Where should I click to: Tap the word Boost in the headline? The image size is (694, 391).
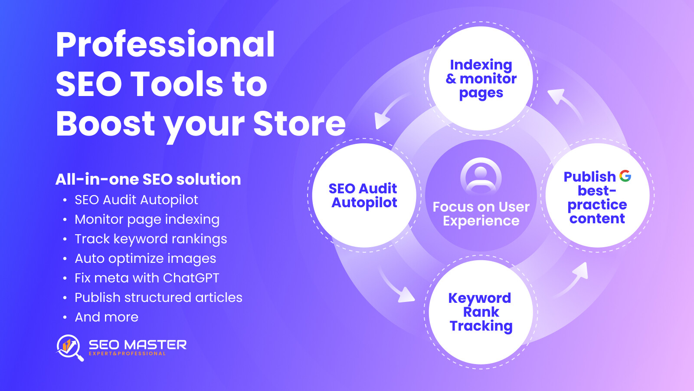(105, 123)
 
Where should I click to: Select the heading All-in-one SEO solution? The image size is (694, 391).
(148, 179)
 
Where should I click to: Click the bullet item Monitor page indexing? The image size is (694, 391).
(147, 220)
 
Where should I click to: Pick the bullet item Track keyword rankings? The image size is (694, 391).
(151, 239)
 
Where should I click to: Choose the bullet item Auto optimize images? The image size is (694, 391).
(145, 259)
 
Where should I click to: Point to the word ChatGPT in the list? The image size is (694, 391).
(191, 278)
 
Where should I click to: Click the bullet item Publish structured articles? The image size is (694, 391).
(158, 298)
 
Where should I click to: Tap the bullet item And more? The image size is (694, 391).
(107, 317)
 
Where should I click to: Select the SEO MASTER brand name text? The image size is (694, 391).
(137, 345)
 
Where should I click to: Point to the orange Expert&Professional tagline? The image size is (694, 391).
(127, 354)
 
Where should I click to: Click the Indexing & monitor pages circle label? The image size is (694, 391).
(481, 79)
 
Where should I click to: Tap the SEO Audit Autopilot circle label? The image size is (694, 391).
(363, 195)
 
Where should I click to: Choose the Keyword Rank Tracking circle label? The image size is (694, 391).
(480, 312)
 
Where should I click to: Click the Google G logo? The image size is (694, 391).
(625, 176)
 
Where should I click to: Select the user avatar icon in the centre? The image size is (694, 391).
(481, 177)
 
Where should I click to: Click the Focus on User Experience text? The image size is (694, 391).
(481, 214)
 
